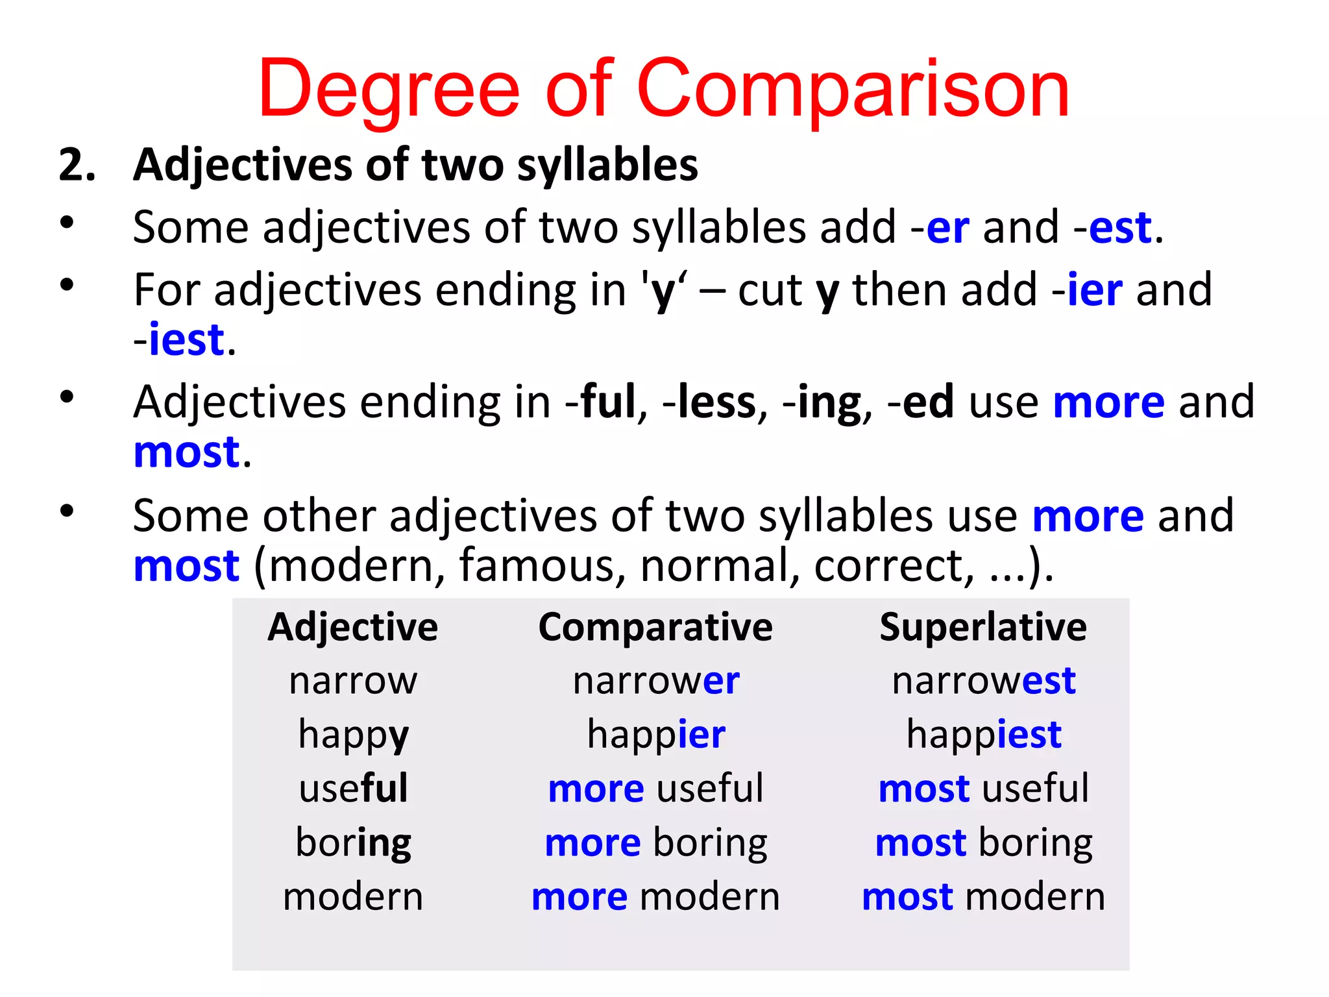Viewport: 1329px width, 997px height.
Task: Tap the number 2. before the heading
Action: coord(77,165)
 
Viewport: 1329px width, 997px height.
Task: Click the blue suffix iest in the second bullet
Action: coord(186,339)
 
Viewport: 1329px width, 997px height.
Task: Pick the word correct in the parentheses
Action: coord(894,566)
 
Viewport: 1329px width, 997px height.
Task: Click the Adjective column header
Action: coord(353,628)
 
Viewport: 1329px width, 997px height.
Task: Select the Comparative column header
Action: coord(655,628)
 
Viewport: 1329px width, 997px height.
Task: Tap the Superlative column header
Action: coord(983,628)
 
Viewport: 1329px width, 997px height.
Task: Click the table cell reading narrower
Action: coord(656,681)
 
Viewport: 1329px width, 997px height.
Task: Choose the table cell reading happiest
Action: coord(984,735)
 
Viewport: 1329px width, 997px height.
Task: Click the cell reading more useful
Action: coord(655,789)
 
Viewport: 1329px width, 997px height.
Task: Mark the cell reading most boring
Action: coord(984,843)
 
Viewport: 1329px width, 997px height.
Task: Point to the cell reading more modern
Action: coord(655,897)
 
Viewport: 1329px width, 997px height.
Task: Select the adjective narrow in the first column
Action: coord(354,682)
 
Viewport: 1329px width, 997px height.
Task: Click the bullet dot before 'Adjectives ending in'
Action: coord(67,397)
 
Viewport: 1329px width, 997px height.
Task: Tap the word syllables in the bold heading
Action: coord(607,165)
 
